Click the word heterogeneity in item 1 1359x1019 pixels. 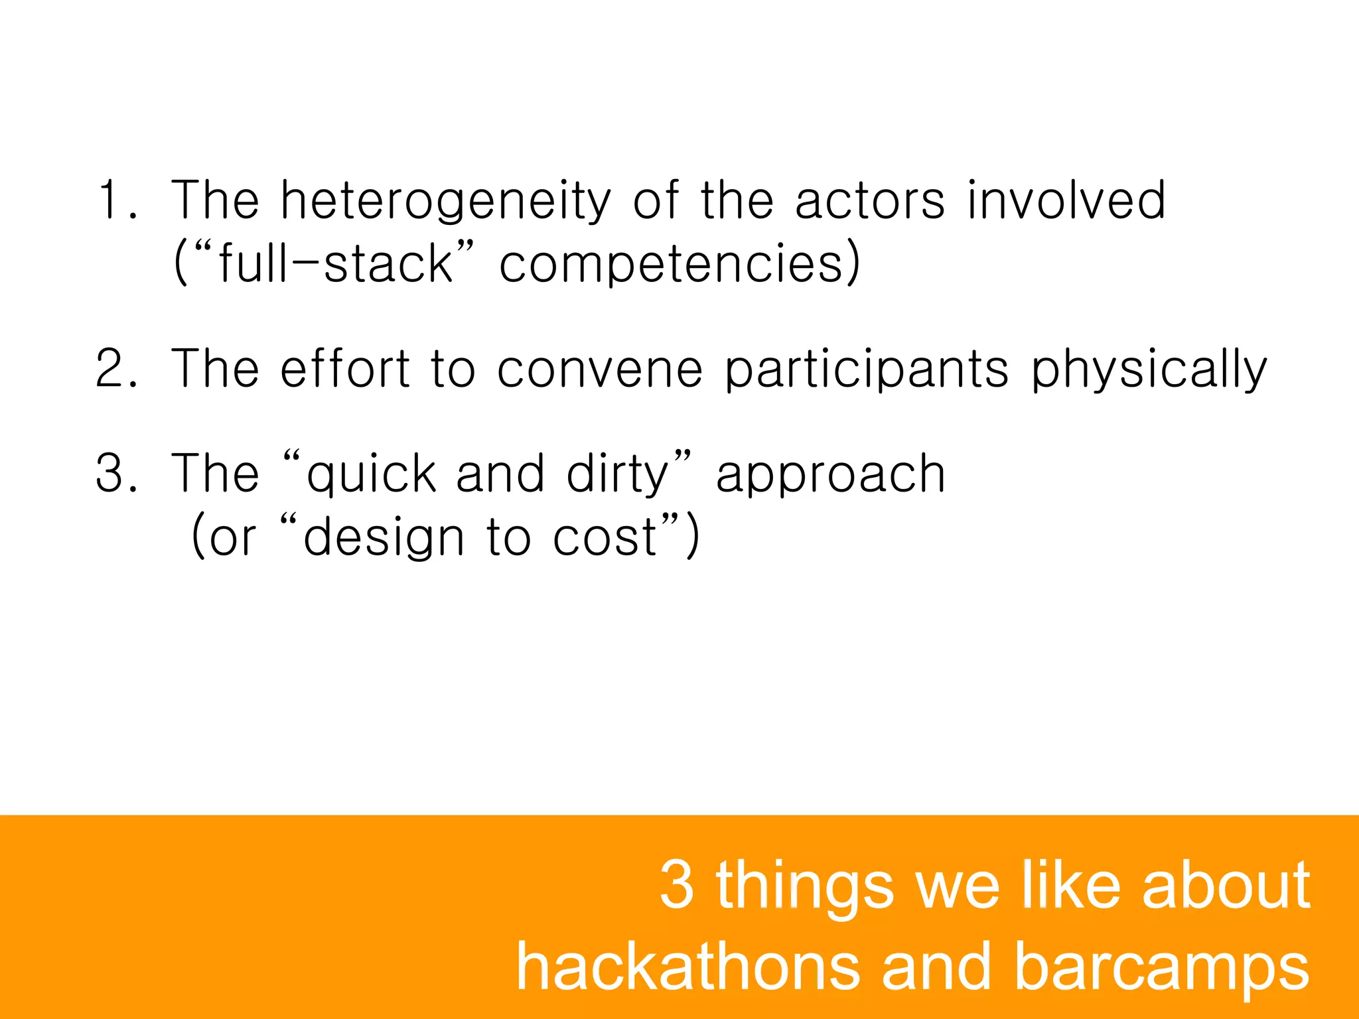[x=445, y=200]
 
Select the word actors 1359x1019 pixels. [x=869, y=200]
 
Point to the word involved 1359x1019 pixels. [x=1066, y=200]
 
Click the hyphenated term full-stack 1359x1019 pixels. [x=335, y=263]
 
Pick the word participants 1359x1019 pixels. [x=867, y=370]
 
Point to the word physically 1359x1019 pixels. [x=1149, y=370]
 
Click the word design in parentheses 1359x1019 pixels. [x=383, y=538]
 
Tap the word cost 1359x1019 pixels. [x=605, y=538]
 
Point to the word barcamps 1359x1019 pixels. [x=1161, y=968]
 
